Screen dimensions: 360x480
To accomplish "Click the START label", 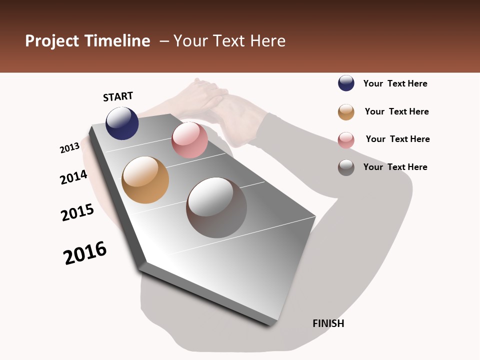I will pos(118,96).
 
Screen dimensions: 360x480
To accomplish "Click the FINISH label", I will pos(328,323).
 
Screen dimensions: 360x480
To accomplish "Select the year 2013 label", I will pos(69,148).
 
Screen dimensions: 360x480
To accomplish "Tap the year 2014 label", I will pos(73,177).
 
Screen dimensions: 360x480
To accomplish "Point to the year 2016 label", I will pos(85,253).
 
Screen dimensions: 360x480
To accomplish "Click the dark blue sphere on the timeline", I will pos(122,123).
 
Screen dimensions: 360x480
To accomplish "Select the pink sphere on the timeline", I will pos(189,140).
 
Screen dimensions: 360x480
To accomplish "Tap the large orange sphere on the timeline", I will pos(145,180).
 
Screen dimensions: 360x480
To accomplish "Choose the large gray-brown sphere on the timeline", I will pos(216,207).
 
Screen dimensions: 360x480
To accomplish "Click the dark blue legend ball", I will pos(346,83).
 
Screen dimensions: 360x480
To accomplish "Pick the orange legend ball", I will pos(346,112).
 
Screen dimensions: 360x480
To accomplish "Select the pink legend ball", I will pos(346,140).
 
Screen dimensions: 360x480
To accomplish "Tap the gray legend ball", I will pos(346,167).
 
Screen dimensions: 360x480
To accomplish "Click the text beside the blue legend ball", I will pos(395,83).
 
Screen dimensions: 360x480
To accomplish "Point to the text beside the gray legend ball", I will pos(395,167).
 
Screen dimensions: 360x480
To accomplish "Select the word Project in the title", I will pos(52,41).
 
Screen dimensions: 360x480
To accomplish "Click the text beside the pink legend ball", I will pos(397,139).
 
